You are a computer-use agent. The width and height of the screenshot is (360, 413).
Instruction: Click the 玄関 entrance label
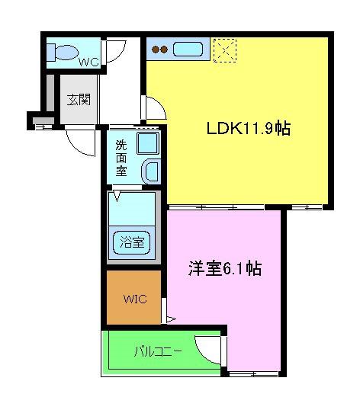point(77,99)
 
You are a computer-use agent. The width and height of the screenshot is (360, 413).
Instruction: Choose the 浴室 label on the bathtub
point(133,243)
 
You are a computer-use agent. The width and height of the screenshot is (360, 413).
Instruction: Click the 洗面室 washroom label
point(122,158)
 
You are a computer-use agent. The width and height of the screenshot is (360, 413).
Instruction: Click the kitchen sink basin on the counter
point(187,50)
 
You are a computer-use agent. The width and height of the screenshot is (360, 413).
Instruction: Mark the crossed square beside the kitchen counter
point(223,50)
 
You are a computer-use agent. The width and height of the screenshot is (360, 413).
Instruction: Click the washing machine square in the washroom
point(147,142)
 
